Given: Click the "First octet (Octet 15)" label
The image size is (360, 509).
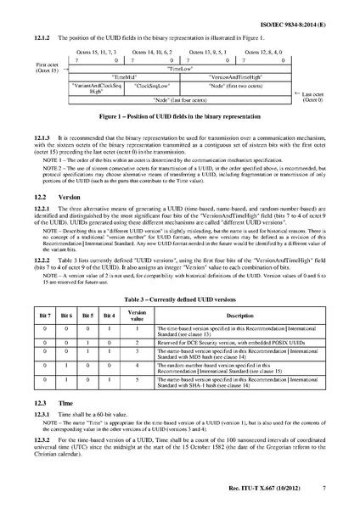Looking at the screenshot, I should (x=48, y=68).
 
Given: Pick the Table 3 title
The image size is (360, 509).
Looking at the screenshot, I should (x=179, y=275).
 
